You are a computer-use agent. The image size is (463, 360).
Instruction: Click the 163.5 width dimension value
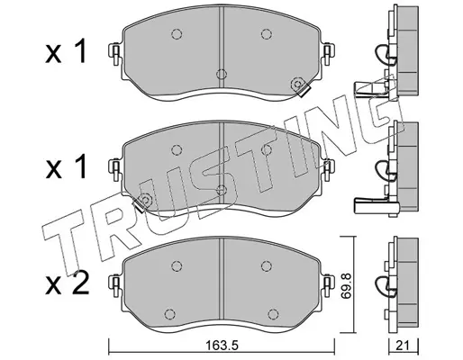pos(222,346)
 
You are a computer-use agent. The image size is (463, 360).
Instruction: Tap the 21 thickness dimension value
pos(403,346)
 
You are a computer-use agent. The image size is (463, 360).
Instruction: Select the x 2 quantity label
pos(67,283)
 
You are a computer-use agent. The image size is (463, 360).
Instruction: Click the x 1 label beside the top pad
pos(66,51)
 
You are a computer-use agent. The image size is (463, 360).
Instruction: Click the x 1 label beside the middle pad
pos(66,166)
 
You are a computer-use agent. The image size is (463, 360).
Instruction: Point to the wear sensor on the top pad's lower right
pos(300,86)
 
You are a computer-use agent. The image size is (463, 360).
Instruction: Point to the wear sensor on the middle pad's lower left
pos(143,202)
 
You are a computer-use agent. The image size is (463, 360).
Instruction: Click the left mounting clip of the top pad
pos(115,53)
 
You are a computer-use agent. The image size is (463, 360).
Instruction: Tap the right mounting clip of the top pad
pos(327,53)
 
